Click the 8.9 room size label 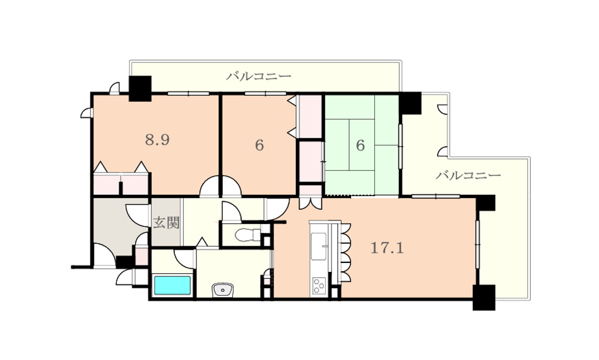(158, 140)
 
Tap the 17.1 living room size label (388, 249)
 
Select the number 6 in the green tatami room (360, 146)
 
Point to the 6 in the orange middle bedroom (259, 146)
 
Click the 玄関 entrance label (167, 222)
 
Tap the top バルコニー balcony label (259, 76)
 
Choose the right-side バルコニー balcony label (468, 176)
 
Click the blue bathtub (173, 286)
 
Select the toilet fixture (246, 235)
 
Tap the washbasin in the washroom (223, 290)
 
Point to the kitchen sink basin (319, 246)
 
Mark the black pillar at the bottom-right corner (484, 297)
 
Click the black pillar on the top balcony (140, 89)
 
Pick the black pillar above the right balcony (410, 103)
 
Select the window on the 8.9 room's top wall (188, 93)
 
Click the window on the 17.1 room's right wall (477, 244)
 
